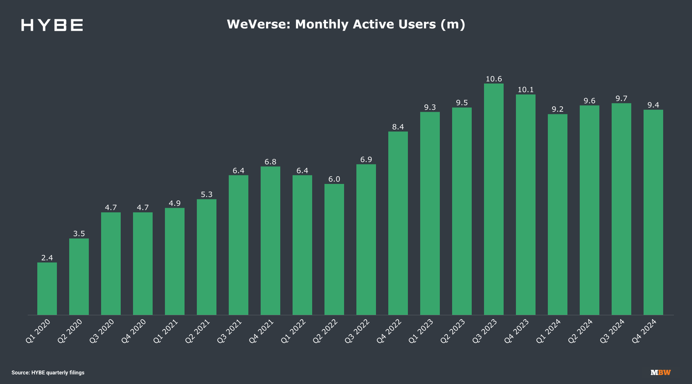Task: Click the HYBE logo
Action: coord(52,25)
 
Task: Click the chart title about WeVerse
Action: coord(346,24)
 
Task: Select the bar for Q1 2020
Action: coord(47,289)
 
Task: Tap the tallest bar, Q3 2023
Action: coord(494,199)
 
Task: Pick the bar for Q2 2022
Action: coord(334,250)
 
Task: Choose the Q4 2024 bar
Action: coord(653,212)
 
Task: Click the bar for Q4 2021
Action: coord(270,241)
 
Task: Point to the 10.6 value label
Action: coord(494,79)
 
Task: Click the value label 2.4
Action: coord(47,258)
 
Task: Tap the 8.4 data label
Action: coord(398,127)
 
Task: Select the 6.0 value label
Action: coord(334,179)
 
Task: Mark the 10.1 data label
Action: coord(526,89)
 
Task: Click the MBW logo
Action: coord(660,372)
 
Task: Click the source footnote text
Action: coord(48,372)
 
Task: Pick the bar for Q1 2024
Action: coord(557,215)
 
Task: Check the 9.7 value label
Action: coord(621,98)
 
